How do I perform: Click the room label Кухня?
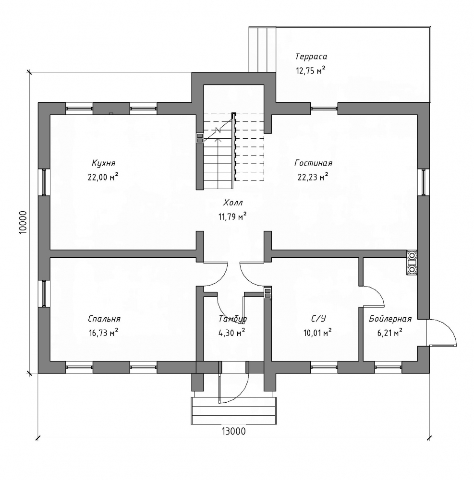pos(104,163)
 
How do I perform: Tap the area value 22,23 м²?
pos(313,177)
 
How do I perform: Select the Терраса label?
pos(311,57)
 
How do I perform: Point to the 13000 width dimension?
pos(234,431)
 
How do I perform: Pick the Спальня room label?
pos(104,318)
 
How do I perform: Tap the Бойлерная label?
pos(390,319)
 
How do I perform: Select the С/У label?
pos(319,318)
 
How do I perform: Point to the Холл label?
pos(232,203)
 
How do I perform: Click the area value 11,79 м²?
pos(232,216)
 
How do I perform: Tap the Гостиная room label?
pos(313,163)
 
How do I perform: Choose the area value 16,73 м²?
pos(103,332)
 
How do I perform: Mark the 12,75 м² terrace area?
pos(311,70)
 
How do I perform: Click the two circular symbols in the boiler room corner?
pos(412,263)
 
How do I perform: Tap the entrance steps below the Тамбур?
pos(234,411)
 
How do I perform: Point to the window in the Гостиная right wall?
pos(424,182)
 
